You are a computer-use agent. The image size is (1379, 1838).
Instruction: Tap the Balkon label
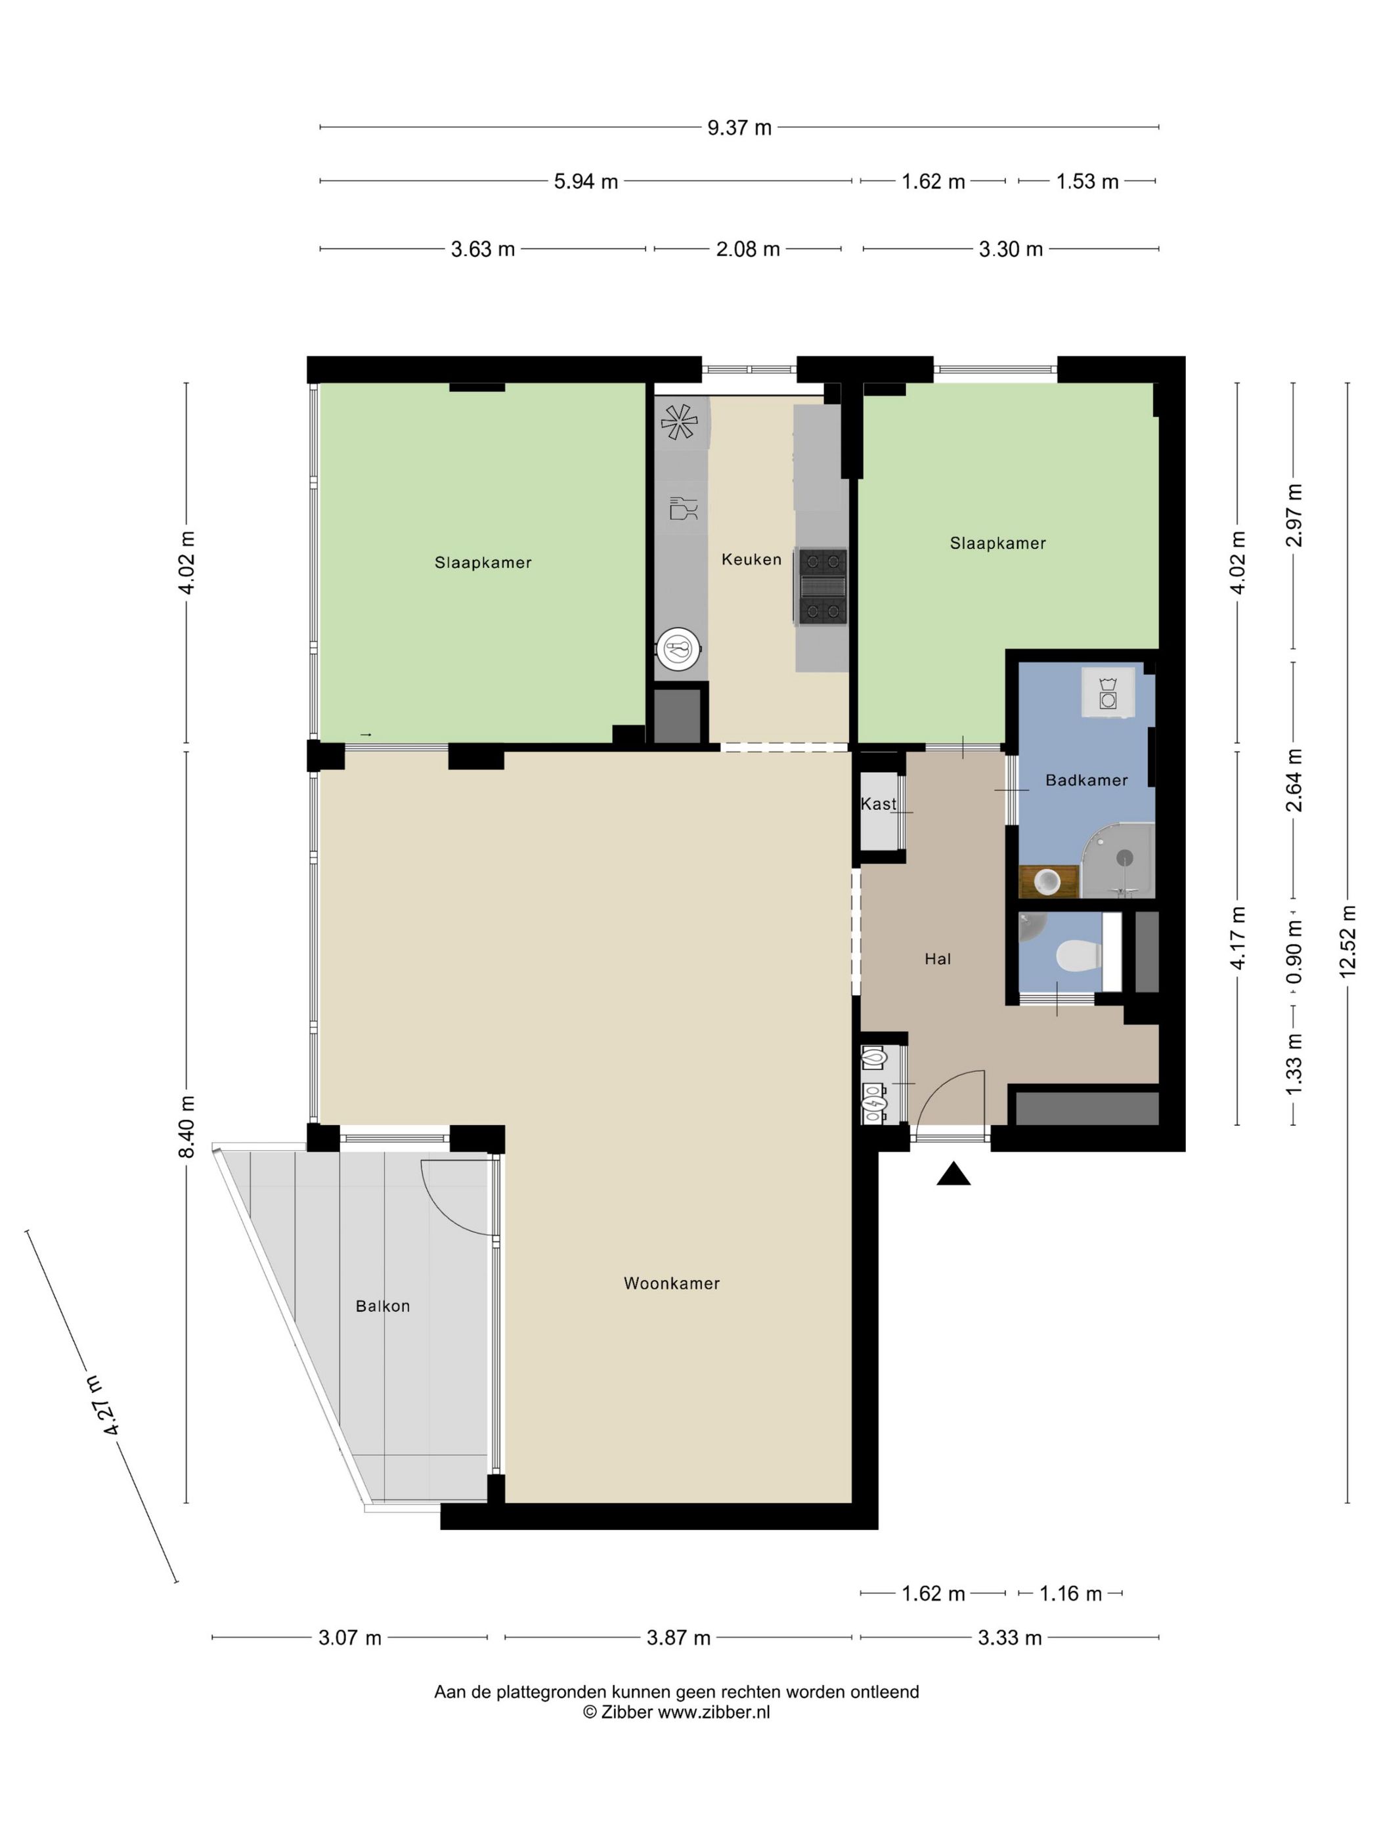(382, 1306)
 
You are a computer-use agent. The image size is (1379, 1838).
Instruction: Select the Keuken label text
(751, 559)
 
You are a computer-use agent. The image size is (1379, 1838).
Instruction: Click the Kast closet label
(878, 803)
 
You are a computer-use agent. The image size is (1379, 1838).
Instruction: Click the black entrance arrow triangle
(953, 1174)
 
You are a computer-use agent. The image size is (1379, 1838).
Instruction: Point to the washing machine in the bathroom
(1107, 691)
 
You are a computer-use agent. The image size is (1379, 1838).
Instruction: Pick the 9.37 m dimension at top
(738, 128)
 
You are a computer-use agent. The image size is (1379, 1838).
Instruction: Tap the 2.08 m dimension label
(747, 249)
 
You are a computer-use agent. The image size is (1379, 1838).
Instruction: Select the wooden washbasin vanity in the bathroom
(1047, 881)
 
